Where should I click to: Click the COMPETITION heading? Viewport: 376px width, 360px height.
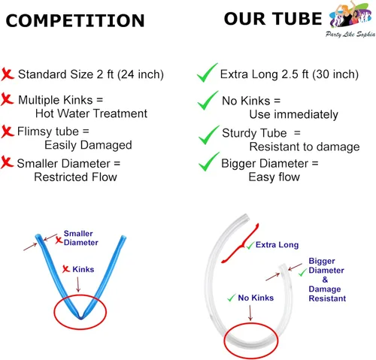pyautogui.click(x=75, y=20)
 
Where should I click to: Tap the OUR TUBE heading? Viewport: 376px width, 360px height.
pyautogui.click(x=273, y=19)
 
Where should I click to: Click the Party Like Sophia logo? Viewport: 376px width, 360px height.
pyautogui.click(x=351, y=19)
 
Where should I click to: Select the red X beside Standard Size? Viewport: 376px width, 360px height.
pyautogui.click(x=8, y=74)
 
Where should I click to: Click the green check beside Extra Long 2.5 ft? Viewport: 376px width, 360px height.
pyautogui.click(x=207, y=73)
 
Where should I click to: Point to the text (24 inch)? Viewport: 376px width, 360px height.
pyautogui.click(x=141, y=74)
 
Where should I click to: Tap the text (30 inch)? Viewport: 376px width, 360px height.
pyautogui.click(x=335, y=74)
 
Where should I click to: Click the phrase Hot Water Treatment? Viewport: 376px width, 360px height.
pyautogui.click(x=91, y=113)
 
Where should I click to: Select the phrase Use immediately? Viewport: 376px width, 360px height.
pyautogui.click(x=293, y=114)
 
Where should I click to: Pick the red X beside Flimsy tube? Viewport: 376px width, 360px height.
pyautogui.click(x=8, y=132)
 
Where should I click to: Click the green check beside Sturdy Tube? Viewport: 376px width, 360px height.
pyautogui.click(x=208, y=135)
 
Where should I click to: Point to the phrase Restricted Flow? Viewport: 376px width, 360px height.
pyautogui.click(x=75, y=177)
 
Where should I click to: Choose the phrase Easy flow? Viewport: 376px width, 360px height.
pyautogui.click(x=274, y=177)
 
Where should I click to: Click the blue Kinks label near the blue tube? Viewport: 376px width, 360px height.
pyautogui.click(x=83, y=269)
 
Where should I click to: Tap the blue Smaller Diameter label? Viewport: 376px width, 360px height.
pyautogui.click(x=80, y=238)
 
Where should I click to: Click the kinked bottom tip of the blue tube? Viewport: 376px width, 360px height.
pyautogui.click(x=80, y=317)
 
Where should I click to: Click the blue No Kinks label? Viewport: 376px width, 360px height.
pyautogui.click(x=256, y=298)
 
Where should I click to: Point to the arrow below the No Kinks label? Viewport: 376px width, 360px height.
pyautogui.click(x=250, y=313)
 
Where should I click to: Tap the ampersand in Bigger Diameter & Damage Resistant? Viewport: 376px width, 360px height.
pyautogui.click(x=325, y=280)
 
